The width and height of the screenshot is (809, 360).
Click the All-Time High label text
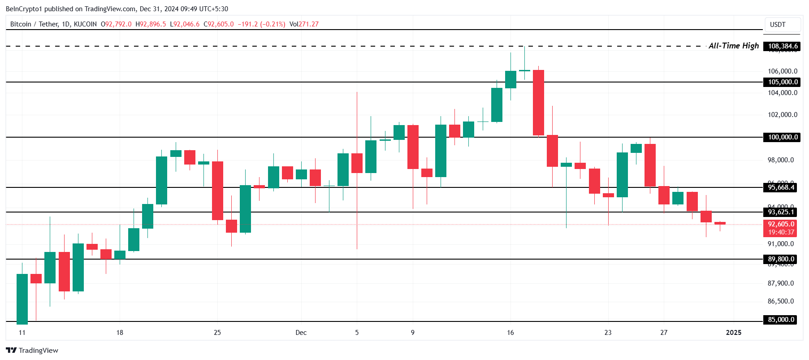pos(733,46)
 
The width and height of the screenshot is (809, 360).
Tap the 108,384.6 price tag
pos(783,46)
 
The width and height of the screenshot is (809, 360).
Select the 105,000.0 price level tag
pos(783,82)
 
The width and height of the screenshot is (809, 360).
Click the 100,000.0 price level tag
pos(783,137)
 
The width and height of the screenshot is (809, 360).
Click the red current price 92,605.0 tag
pos(781,224)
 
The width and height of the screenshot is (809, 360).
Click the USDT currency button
pos(778,25)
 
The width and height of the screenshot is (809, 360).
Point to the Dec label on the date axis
pos(301,333)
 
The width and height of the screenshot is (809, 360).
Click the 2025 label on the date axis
pos(733,333)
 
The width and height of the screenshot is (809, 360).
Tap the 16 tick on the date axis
pos(510,333)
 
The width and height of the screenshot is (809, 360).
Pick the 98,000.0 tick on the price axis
pos(780,160)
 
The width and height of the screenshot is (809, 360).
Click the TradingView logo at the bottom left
pos(32,351)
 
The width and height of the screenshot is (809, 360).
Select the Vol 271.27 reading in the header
pos(304,24)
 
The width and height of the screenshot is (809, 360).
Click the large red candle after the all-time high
pos(538,103)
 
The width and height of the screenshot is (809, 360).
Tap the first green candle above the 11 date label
pos(22,299)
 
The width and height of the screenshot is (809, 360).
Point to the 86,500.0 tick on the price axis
pos(780,301)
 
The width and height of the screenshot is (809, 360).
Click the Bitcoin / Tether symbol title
pos(53,24)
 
